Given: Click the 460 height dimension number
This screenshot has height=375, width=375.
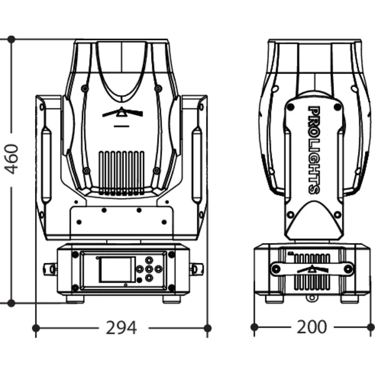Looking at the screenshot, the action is click(x=11, y=159).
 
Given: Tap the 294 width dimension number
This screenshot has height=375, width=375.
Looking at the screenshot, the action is click(x=121, y=327).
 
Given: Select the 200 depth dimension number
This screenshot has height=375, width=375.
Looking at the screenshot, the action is click(x=312, y=327).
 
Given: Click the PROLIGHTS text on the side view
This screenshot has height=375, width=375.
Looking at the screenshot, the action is click(x=314, y=150).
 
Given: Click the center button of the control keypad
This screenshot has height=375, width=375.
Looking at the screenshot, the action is click(x=149, y=269).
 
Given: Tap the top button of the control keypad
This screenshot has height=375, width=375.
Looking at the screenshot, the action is click(x=149, y=260).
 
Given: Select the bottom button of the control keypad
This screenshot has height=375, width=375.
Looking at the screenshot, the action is click(x=149, y=278).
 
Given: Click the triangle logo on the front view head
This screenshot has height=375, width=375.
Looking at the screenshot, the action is click(x=122, y=112).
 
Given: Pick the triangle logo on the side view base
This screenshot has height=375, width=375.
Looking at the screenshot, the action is click(x=312, y=269).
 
